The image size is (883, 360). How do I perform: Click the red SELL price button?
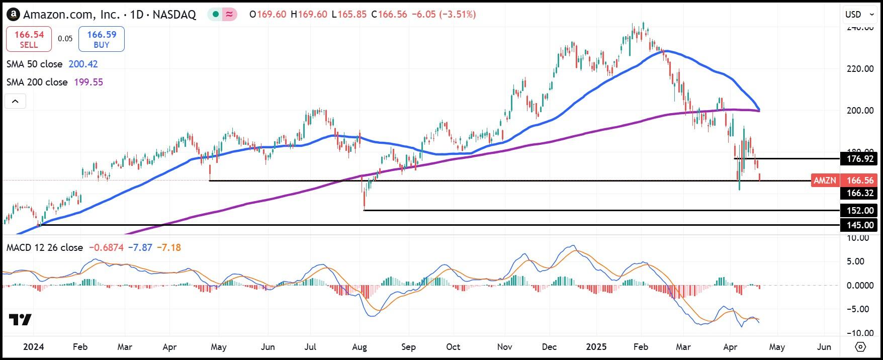click(x=29, y=39)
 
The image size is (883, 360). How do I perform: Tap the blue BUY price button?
click(x=102, y=39)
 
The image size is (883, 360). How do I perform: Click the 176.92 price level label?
click(x=859, y=159)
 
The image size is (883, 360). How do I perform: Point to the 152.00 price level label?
click(x=859, y=211)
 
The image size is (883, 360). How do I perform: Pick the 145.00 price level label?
click(x=859, y=225)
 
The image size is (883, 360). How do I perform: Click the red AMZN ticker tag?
click(x=825, y=181)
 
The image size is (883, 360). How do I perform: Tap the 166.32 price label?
click(x=859, y=193)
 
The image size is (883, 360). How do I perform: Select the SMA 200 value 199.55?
click(x=89, y=82)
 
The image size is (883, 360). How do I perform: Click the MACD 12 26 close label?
click(x=44, y=248)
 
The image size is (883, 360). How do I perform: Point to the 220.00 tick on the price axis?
click(x=860, y=69)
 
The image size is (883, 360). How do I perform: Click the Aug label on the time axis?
click(x=360, y=347)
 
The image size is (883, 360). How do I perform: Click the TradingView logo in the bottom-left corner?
click(x=20, y=320)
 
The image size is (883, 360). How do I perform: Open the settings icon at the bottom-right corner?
click(x=860, y=347)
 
